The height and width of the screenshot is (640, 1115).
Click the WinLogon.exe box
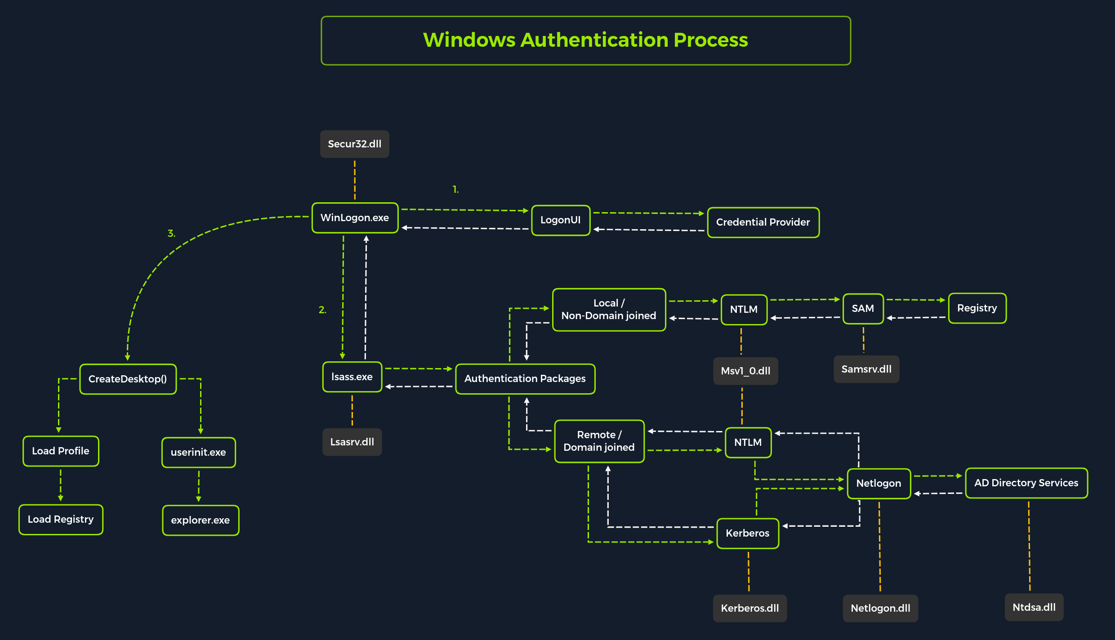[x=355, y=218]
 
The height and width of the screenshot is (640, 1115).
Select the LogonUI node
[x=560, y=220]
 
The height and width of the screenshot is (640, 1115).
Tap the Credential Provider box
[x=763, y=222]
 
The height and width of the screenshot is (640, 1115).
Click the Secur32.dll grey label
[x=354, y=144]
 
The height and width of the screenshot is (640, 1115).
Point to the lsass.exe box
[x=352, y=377]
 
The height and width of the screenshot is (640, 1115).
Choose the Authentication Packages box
[x=525, y=379]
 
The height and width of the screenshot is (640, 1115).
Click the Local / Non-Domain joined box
[x=608, y=310]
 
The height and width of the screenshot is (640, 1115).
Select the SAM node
[x=862, y=309]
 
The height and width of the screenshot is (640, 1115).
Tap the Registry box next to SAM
[x=977, y=308]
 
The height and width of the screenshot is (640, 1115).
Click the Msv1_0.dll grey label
[x=745, y=371]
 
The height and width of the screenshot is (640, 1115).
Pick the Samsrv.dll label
[x=866, y=369]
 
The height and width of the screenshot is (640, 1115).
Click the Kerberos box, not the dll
[x=747, y=533]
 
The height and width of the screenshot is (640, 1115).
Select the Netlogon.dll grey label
[x=880, y=609]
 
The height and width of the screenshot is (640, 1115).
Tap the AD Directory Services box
[x=1026, y=483]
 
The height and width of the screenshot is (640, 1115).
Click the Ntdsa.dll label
[x=1034, y=608]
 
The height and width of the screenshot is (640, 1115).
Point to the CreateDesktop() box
[x=128, y=379]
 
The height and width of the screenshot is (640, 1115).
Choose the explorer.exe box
[x=200, y=520]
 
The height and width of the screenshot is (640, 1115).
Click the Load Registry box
[x=61, y=520]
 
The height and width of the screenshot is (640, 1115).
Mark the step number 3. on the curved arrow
[x=171, y=234]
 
